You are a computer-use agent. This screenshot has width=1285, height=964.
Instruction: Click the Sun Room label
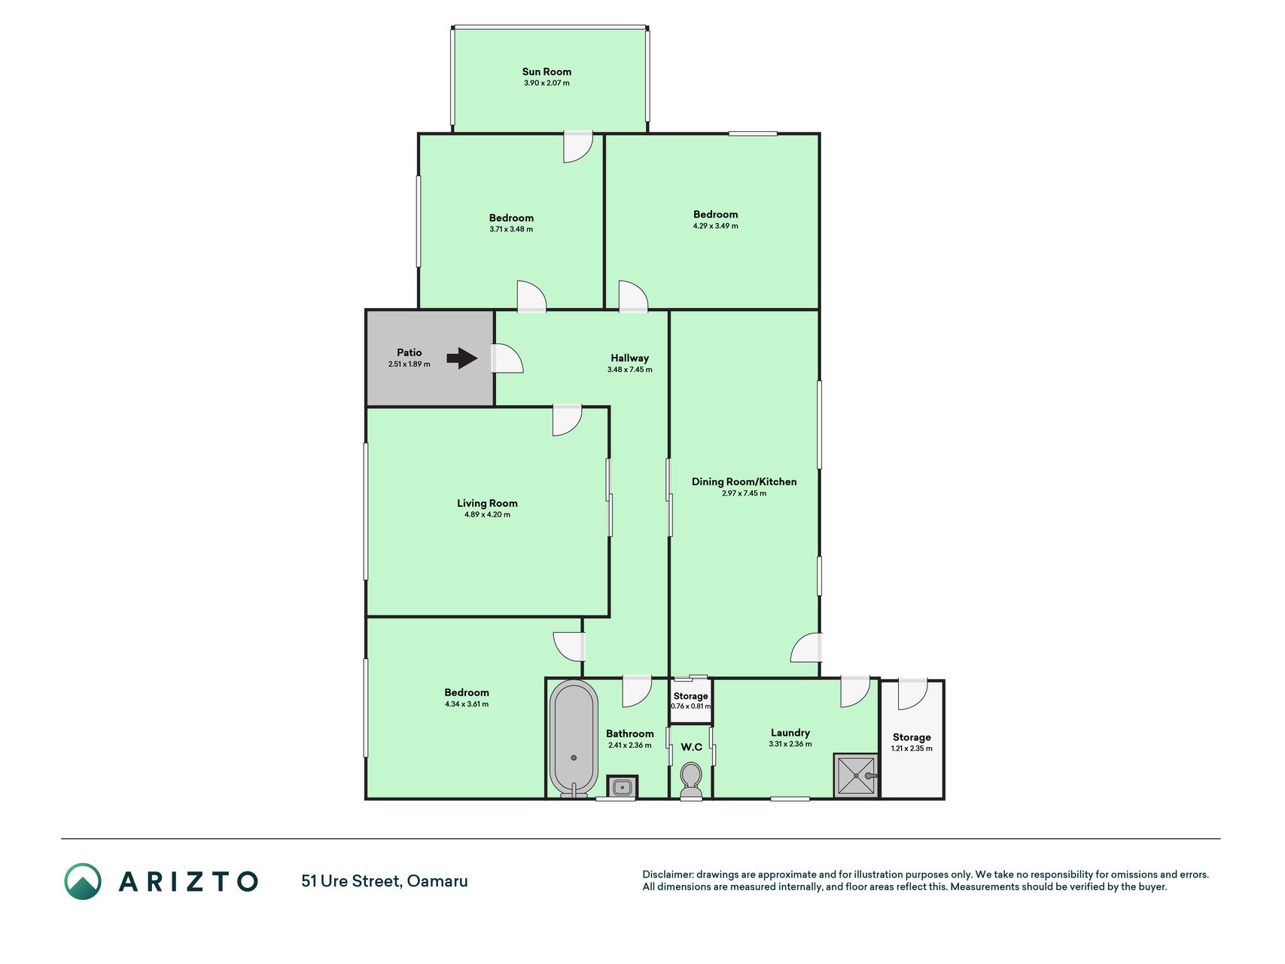point(547,72)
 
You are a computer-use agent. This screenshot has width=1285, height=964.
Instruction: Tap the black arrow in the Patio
point(462,358)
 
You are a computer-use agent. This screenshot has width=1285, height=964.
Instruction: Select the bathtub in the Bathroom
point(574,738)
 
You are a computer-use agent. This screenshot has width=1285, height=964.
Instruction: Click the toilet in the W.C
point(691,780)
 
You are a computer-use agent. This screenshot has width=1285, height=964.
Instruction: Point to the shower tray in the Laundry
point(856,775)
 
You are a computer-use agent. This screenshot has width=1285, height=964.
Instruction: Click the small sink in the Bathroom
point(622,787)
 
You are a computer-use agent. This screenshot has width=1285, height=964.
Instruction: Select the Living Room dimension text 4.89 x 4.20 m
point(487,515)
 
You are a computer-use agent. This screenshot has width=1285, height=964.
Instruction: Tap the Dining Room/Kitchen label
point(744,482)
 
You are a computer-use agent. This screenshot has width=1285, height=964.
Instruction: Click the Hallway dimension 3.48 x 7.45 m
point(629,370)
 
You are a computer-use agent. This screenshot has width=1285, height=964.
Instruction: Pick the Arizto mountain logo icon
point(83,881)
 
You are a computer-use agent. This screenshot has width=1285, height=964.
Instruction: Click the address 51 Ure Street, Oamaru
point(385,881)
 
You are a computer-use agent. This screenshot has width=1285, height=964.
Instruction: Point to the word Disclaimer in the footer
point(667,874)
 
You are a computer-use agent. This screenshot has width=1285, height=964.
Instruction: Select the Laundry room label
point(790,733)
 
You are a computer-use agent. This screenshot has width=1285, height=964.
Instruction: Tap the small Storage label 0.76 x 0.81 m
point(690,701)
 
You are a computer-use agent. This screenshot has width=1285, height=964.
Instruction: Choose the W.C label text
point(691,747)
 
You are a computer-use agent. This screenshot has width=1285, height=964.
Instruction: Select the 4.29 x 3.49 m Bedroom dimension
point(715,226)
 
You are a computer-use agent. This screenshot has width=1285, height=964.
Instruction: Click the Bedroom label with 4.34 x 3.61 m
point(467,693)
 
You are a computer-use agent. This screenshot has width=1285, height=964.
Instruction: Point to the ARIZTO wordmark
point(188,881)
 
